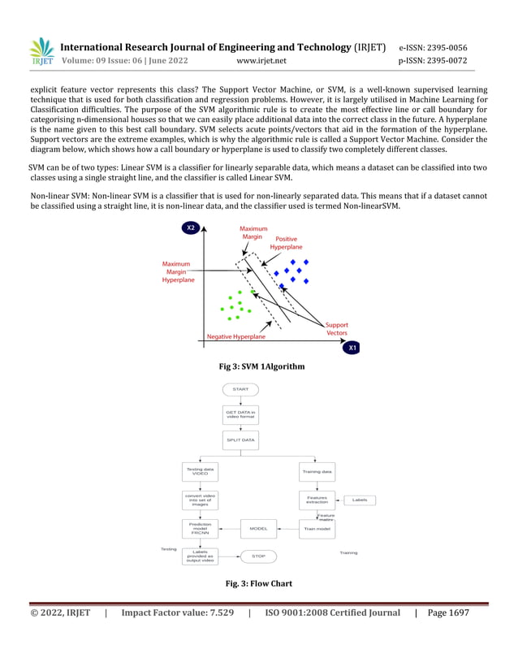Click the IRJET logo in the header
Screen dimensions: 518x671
[41, 51]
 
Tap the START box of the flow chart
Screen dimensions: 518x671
[240, 389]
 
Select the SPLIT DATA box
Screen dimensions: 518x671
[240, 439]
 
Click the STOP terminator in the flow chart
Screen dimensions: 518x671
[258, 556]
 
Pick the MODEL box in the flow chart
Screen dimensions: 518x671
[258, 528]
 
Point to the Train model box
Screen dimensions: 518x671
[317, 528]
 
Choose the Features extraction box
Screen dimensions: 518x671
[317, 500]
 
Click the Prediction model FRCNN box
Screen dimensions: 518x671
[200, 528]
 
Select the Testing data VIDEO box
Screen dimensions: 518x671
[200, 470]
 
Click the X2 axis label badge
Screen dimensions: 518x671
[191, 228]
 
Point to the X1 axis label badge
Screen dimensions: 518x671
[353, 348]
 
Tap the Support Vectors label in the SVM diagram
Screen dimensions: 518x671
[337, 328]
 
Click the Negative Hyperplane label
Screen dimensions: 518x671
[235, 336]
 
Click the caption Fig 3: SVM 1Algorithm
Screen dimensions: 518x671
[257, 367]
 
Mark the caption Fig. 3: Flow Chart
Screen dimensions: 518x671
[258, 583]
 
